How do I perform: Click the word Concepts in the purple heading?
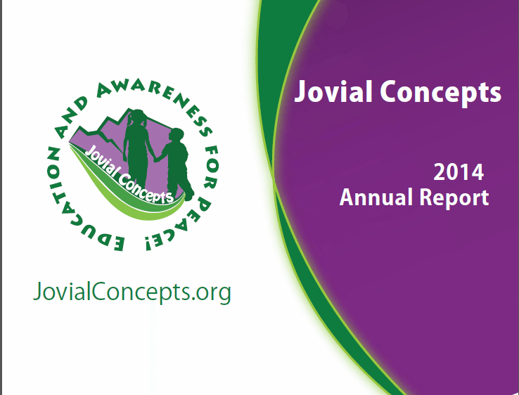tap(441, 93)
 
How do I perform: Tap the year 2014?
tap(459, 172)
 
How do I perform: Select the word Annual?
tap(378, 197)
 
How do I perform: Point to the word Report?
tap(454, 198)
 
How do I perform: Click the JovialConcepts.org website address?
tap(132, 292)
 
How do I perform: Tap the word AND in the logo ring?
tap(72, 117)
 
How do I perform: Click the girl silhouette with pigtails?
tap(137, 145)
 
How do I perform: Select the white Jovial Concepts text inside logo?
tap(129, 174)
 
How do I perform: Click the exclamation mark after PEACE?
tap(148, 243)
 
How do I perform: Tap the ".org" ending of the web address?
tap(211, 293)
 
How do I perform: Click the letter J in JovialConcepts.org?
tap(37, 291)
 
